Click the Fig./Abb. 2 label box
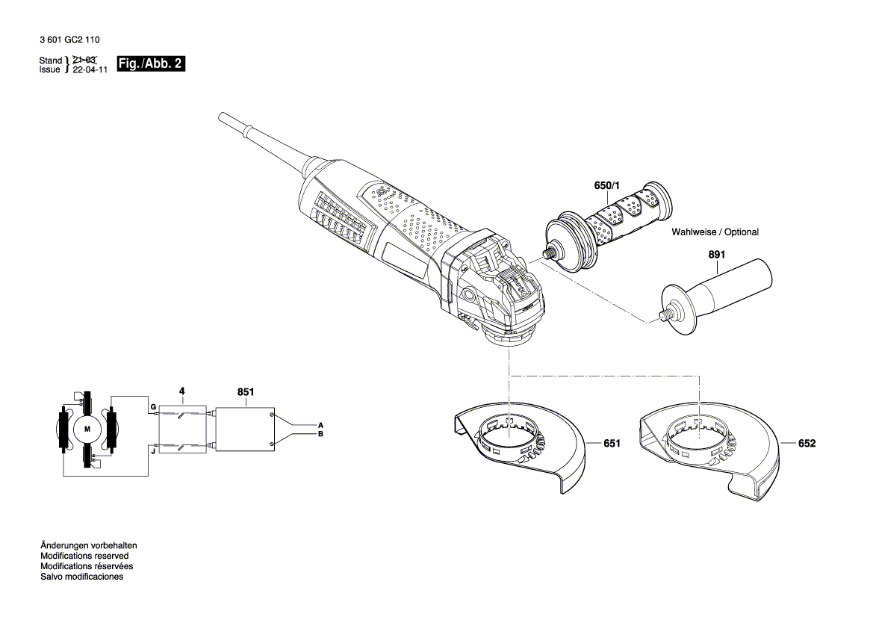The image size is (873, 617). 150,64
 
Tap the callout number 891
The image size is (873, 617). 716,255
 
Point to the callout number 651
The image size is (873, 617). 612,443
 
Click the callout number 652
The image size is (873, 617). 807,443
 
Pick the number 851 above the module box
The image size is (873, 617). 246,391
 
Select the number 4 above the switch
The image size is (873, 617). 181,391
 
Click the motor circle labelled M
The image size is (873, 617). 87,429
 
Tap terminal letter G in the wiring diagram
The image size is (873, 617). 152,407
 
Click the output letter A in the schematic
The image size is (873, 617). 320,424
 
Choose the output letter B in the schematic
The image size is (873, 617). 320,434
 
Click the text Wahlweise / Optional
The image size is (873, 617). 715,232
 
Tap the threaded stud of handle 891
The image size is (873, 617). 660,317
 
